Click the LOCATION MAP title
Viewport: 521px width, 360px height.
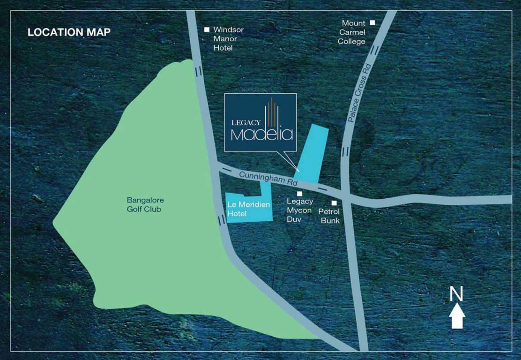point(69,32)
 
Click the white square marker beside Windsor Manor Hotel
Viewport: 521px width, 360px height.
point(207,30)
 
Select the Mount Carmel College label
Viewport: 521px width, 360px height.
point(353,32)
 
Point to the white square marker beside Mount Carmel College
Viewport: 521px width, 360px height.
point(372,22)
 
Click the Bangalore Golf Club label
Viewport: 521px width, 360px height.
point(144,205)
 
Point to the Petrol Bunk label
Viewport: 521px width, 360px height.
point(330,216)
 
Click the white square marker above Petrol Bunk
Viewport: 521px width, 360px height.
point(335,203)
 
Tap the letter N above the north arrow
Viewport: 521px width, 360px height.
point(456,294)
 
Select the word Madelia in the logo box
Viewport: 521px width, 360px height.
point(262,134)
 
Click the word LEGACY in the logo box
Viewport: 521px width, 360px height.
point(246,122)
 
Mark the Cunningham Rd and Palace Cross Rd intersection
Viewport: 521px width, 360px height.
point(345,194)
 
